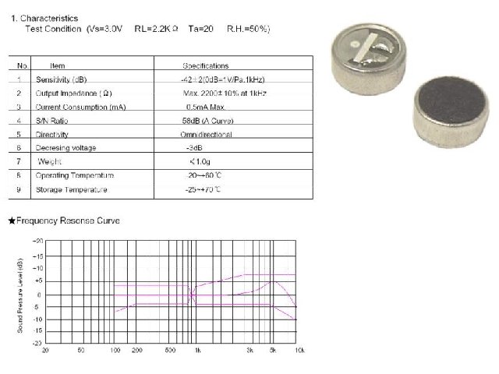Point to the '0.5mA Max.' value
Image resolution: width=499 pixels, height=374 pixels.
pyautogui.click(x=206, y=106)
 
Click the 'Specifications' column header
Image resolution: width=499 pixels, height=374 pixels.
pyautogui.click(x=206, y=66)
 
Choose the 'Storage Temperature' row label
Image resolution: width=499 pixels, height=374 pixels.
pyautogui.click(x=72, y=189)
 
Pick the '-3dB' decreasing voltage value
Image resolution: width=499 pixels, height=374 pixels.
pyautogui.click(x=194, y=147)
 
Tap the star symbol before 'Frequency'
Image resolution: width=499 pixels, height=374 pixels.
pyautogui.click(x=12, y=221)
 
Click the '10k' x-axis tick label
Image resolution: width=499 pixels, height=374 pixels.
pyautogui.click(x=299, y=351)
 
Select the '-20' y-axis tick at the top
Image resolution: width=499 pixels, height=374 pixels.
pyautogui.click(x=37, y=242)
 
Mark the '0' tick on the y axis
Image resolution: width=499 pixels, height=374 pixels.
pyautogui.click(x=38, y=295)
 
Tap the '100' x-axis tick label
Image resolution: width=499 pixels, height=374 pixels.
pyautogui.click(x=115, y=351)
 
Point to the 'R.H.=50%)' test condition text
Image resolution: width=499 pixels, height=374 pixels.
pyautogui.click(x=248, y=28)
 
